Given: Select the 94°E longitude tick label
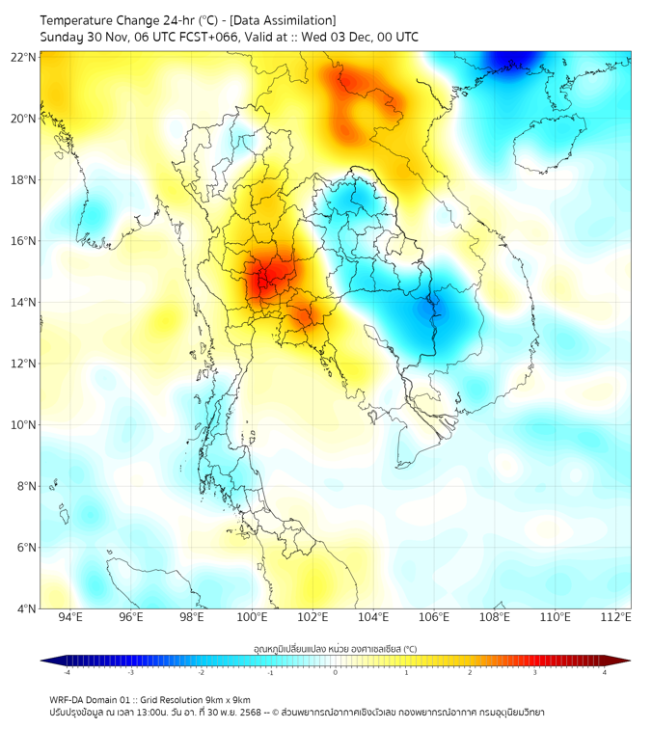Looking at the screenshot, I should coord(70,618).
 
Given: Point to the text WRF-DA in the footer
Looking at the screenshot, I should coord(68,699).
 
